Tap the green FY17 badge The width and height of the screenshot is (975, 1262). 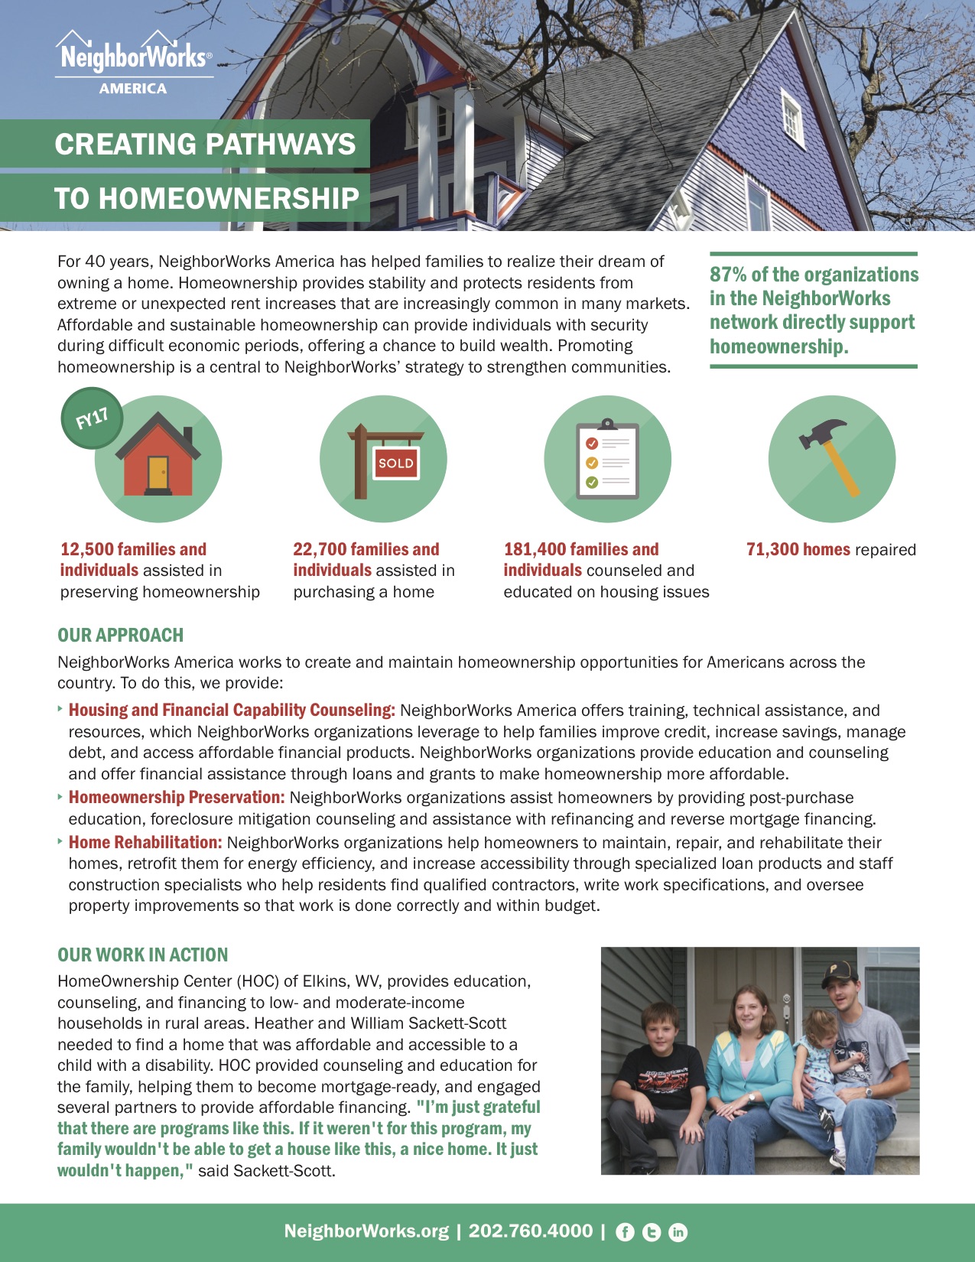tap(91, 419)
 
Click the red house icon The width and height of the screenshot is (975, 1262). tap(158, 457)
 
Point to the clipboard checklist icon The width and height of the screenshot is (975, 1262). tap(607, 459)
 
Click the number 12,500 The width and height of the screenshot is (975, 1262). tap(87, 549)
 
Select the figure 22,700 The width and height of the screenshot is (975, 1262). tap(320, 549)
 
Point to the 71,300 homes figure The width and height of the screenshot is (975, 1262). tap(798, 549)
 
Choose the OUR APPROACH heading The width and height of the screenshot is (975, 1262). tap(121, 635)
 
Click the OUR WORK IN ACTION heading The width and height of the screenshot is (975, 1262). tap(143, 955)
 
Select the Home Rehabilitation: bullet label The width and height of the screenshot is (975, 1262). tap(145, 842)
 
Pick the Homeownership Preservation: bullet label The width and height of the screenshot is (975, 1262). tap(177, 797)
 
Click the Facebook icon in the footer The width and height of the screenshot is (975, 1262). tap(625, 1231)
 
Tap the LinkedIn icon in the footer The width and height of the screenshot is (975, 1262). tap(678, 1231)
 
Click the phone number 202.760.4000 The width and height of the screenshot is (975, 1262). tap(531, 1231)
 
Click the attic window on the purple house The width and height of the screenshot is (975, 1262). tap(791, 119)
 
